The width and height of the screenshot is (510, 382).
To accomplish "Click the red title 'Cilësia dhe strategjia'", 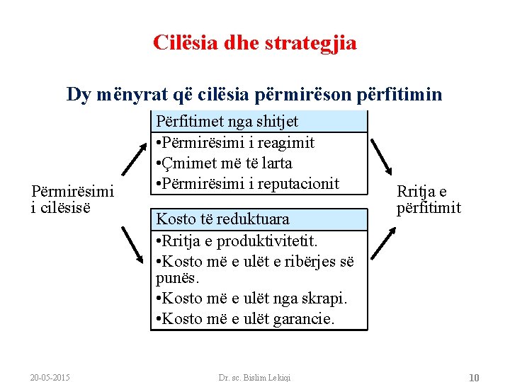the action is (255, 43).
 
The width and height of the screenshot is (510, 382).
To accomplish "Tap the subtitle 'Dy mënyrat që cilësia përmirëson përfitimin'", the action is (254, 94).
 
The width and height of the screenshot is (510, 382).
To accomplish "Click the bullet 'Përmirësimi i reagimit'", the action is (235, 142).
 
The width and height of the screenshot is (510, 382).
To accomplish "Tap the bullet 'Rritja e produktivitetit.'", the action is (237, 241).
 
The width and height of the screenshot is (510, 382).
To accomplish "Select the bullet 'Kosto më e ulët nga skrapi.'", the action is (251, 299).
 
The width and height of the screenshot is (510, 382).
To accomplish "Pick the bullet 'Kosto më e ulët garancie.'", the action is (244, 319).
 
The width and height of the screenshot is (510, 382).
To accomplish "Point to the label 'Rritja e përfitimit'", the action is (429, 199).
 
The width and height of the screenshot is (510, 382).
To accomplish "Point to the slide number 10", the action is (474, 377).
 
